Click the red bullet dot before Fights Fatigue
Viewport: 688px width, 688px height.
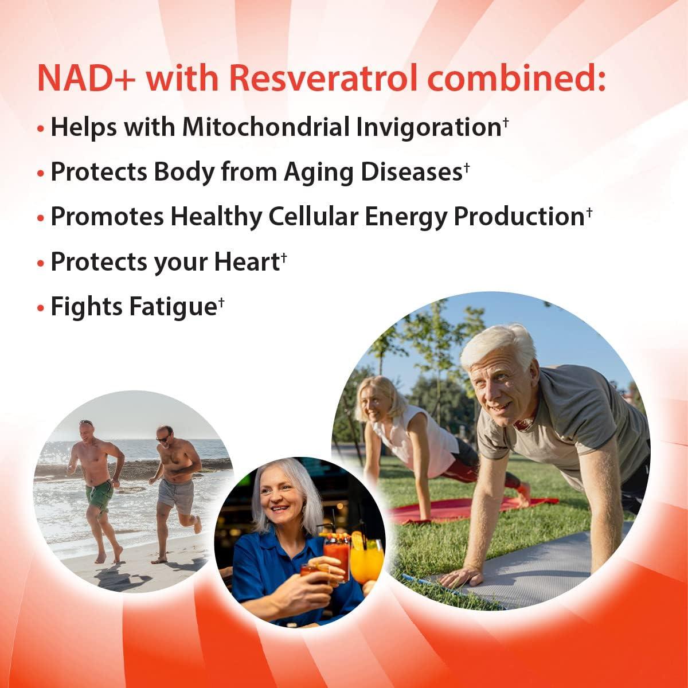(x=40, y=308)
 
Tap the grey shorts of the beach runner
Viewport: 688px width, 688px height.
(x=176, y=496)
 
